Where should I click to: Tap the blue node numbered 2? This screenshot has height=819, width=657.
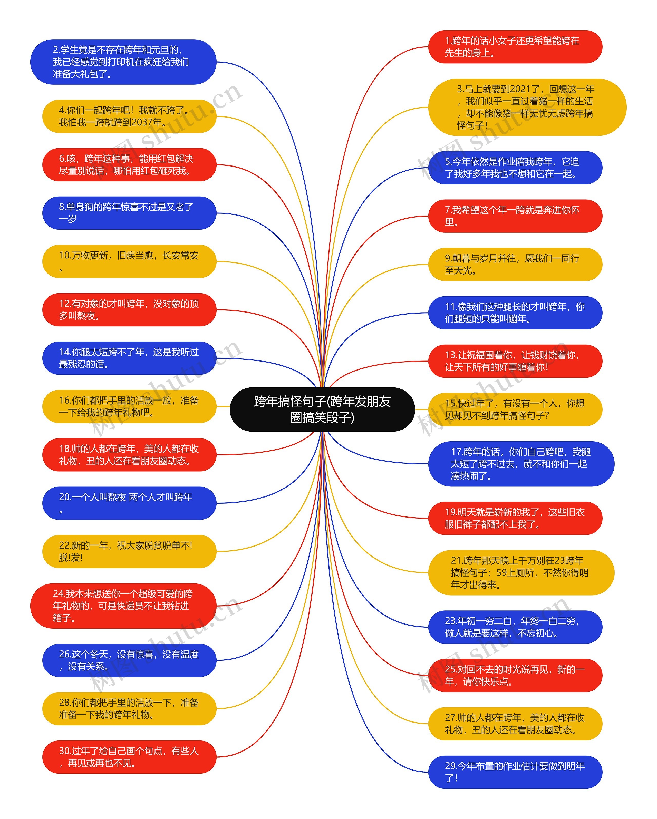123,62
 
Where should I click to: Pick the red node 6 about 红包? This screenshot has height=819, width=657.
129,164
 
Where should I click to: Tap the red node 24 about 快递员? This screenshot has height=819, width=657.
123,606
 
